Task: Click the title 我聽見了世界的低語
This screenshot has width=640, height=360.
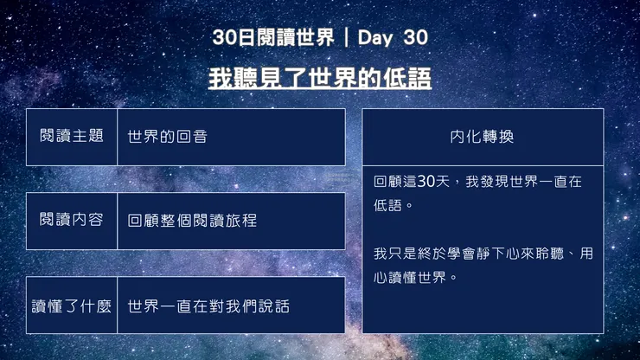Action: (x=319, y=79)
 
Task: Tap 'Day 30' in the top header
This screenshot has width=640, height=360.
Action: (x=392, y=38)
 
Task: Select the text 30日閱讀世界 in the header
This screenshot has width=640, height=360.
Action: (x=272, y=38)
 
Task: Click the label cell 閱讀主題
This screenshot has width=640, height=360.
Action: (x=72, y=137)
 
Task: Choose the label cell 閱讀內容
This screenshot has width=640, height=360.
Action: (x=72, y=220)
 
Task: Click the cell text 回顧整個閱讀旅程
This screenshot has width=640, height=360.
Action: (x=192, y=221)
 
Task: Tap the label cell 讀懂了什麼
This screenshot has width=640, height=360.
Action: (x=72, y=305)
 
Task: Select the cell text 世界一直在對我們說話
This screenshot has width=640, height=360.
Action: (x=208, y=306)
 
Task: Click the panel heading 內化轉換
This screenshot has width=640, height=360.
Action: (x=482, y=138)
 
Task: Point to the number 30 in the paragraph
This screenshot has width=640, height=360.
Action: (x=426, y=183)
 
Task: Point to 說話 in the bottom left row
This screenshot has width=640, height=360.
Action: (x=273, y=306)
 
